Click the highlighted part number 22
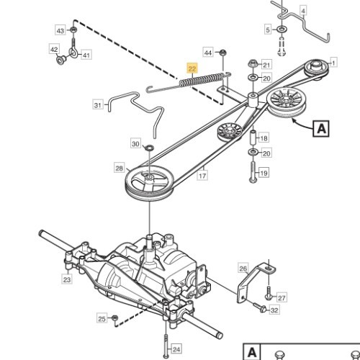(x=192, y=69)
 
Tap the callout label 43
(x=60, y=31)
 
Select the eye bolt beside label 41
(x=73, y=49)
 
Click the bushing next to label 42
(x=60, y=60)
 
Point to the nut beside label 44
(x=223, y=53)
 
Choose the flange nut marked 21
(x=253, y=63)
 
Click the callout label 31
(x=98, y=105)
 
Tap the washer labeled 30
(x=149, y=148)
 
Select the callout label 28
(x=120, y=168)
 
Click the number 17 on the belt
(x=202, y=176)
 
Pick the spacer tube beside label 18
(x=253, y=138)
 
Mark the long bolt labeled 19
(x=253, y=172)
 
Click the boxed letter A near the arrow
(x=321, y=129)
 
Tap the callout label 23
(x=67, y=279)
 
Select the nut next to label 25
(x=114, y=318)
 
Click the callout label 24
(x=176, y=349)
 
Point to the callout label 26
(x=243, y=269)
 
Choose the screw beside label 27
(x=269, y=293)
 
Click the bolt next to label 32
(x=259, y=307)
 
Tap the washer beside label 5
(x=281, y=30)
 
